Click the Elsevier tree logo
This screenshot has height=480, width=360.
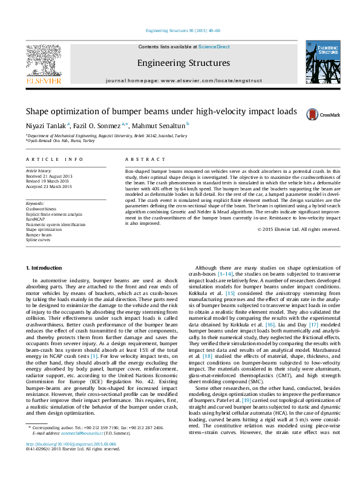tap(43, 62)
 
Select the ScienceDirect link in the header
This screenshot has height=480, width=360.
tap(214, 47)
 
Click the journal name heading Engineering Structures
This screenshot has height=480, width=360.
tap(183, 63)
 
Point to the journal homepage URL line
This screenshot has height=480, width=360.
tap(183, 80)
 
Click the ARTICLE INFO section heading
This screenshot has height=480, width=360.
tap(54, 159)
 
